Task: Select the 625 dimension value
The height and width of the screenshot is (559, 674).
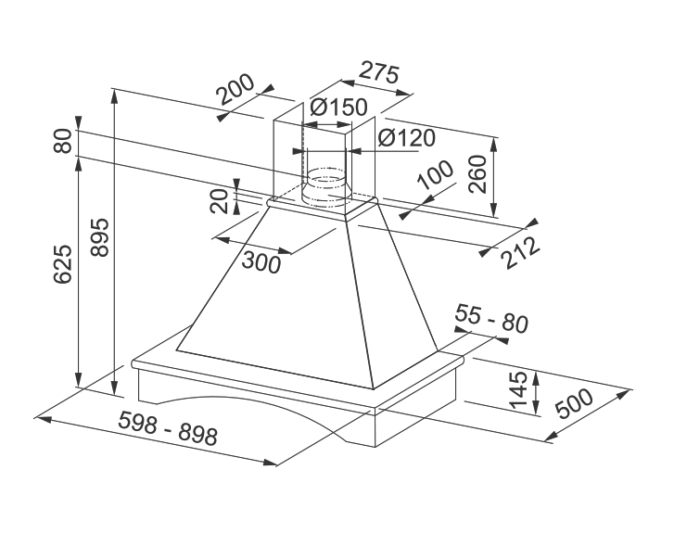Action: click(63, 266)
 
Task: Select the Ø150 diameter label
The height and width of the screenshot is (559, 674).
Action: click(338, 108)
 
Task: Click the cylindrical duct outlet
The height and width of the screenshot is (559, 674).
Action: click(323, 184)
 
